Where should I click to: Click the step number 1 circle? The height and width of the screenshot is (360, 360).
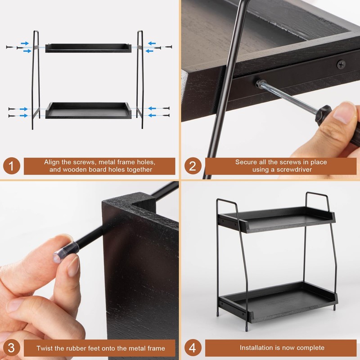click(12, 166)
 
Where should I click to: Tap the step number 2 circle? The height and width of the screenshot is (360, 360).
click(193, 166)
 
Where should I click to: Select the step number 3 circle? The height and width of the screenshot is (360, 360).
click(12, 347)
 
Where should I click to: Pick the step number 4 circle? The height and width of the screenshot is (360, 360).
click(193, 347)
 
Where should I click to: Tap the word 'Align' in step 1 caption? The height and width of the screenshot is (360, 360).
click(52, 162)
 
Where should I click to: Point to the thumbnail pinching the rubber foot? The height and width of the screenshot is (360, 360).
click(72, 265)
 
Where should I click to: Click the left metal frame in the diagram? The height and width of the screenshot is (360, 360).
click(36, 81)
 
